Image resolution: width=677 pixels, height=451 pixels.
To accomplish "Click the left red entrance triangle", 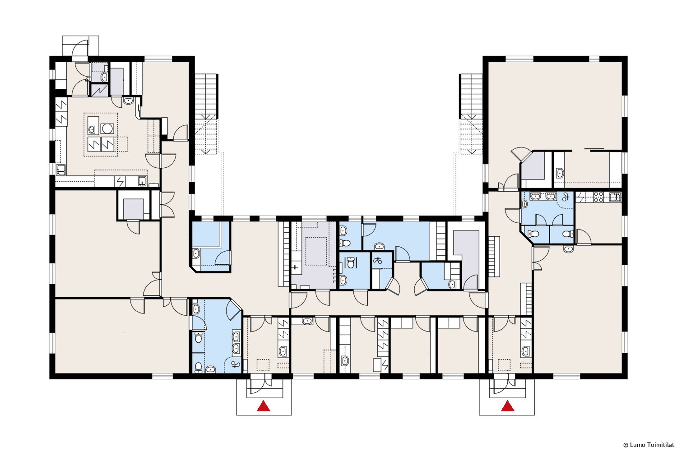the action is (x=264, y=406).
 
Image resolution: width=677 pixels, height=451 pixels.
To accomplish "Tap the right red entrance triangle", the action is (x=507, y=406).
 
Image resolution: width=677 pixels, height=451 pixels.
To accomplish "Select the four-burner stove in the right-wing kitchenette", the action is (x=599, y=197).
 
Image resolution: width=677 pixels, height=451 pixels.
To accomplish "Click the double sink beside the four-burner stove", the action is (x=615, y=197).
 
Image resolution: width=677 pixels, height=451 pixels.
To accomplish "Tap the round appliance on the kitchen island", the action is (x=107, y=129).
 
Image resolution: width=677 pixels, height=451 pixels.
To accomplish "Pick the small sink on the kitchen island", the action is (x=93, y=130).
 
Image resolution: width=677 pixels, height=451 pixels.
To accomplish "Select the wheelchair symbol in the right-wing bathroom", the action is (x=566, y=197).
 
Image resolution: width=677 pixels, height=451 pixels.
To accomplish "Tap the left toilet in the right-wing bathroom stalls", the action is (x=533, y=234).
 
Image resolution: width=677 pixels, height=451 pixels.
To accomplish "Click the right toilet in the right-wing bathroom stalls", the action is (x=568, y=234).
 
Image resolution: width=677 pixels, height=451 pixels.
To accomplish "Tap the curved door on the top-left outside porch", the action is (x=80, y=48).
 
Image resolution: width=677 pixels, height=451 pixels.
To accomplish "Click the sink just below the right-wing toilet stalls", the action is (x=568, y=249).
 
